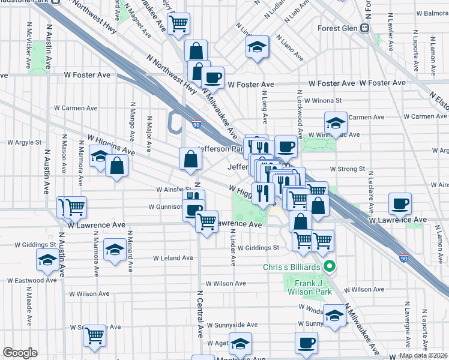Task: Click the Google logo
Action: tap(20, 353)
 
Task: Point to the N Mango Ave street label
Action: tap(131, 121)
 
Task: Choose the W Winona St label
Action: tap(323, 101)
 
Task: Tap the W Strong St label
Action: tap(347, 170)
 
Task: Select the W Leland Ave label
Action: tap(173, 258)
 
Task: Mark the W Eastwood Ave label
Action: tap(32, 280)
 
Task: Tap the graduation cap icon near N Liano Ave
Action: tap(257, 48)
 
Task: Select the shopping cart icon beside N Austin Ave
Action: tap(74, 207)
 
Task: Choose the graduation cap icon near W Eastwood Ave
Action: tap(47, 260)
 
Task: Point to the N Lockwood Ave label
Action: tap(297, 112)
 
